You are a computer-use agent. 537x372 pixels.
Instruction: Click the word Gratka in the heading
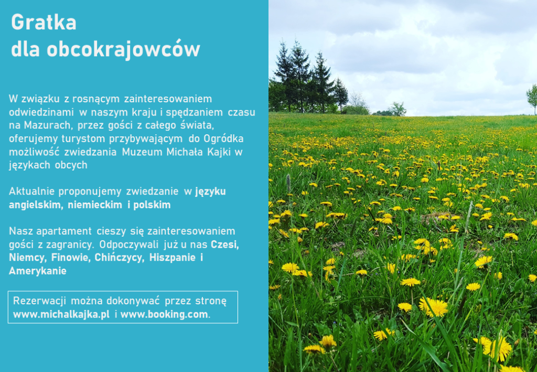pos(44,23)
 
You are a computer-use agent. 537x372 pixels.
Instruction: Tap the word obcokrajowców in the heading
pos(123,49)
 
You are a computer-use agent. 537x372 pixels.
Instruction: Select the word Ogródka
pos(223,139)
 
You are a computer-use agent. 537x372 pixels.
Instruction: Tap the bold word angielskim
pos(36,205)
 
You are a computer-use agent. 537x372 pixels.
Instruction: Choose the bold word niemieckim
pos(95,205)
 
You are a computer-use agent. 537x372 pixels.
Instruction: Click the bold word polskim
pos(152,205)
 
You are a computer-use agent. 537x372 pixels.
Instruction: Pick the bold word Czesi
pos(224,245)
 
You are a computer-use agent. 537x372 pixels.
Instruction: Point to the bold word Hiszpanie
pos(172,258)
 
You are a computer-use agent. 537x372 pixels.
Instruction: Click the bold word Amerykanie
pos(38,271)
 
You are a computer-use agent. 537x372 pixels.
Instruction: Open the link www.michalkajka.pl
pos(61,314)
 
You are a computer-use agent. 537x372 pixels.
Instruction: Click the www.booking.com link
pos(164,314)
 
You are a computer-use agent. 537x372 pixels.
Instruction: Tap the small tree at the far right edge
pos(532,98)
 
